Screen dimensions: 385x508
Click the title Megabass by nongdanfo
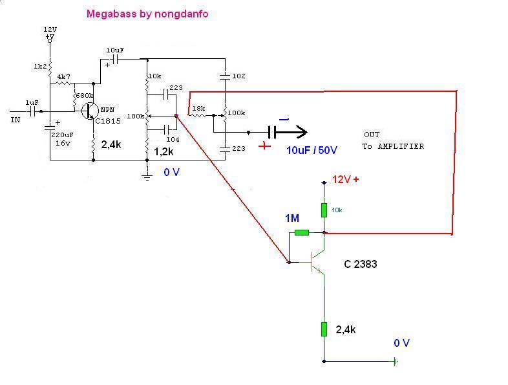point(147,14)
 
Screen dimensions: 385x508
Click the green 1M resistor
point(302,232)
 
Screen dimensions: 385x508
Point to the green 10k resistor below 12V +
point(324,210)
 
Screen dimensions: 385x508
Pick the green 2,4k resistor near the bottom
point(324,329)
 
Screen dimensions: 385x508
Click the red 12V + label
point(346,180)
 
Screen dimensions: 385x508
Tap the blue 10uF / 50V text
point(312,149)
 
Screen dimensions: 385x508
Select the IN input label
point(16,119)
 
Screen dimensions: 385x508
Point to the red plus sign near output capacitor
point(265,146)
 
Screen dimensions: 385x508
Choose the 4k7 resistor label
point(64,76)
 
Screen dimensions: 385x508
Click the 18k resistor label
point(198,108)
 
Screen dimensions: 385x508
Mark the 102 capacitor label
point(238,76)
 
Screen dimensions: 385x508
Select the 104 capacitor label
point(173,140)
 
